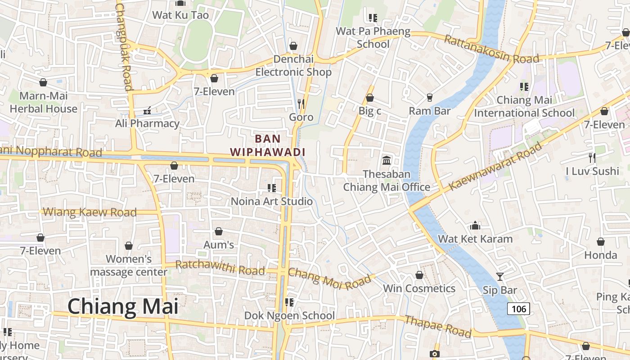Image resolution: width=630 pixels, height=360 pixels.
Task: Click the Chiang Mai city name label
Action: pos(123,306)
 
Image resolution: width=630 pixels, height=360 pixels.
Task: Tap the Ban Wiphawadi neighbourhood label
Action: pos(268,145)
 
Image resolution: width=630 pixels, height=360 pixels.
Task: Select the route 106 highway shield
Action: pos(518,309)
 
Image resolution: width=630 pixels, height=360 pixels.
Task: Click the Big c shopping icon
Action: pos(370,98)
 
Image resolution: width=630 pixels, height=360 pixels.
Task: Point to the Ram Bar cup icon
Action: pos(429,98)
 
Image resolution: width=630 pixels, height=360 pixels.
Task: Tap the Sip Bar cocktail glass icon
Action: pos(499,276)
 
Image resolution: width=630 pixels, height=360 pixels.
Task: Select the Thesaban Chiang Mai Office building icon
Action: pos(386,160)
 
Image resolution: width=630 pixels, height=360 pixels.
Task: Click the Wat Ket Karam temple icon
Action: pos(475,225)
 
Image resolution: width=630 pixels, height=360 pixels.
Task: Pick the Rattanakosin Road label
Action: pos(491,49)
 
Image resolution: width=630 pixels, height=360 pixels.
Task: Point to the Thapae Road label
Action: pos(438,327)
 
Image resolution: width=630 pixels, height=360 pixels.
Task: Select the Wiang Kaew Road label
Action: pos(90,212)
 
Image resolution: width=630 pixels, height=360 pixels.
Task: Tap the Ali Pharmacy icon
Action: pos(147,110)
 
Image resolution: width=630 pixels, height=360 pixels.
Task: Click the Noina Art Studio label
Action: pos(271,201)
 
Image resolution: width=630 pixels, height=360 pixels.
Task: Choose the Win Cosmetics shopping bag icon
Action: pos(419,275)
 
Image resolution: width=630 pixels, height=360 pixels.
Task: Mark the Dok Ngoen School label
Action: pos(289,315)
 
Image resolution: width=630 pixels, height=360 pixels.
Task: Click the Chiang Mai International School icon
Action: pos(524,86)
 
